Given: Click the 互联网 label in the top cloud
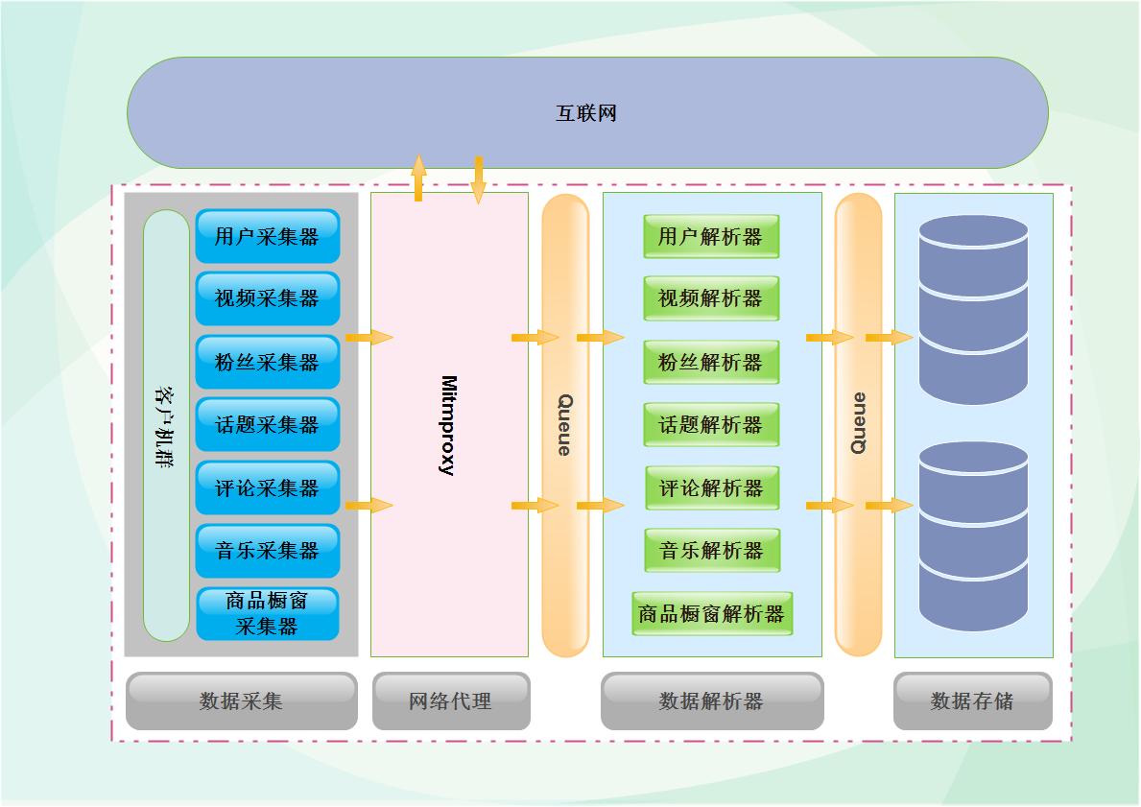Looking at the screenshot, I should pyautogui.click(x=586, y=113).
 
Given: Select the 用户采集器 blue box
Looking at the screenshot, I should pyautogui.click(x=267, y=236).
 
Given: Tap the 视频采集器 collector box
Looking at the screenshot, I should pyautogui.click(x=267, y=298).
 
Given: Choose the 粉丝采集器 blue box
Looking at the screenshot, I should pyautogui.click(x=267, y=362).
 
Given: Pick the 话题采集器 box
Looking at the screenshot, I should pyautogui.click(x=267, y=424).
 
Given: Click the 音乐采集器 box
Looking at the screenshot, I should pyautogui.click(x=267, y=551).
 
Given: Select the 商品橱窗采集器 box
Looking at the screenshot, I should pyautogui.click(x=267, y=614).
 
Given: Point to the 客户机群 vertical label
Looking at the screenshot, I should pyautogui.click(x=166, y=427).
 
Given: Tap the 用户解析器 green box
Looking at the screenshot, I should pyautogui.click(x=710, y=236).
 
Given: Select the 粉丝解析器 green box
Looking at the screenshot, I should pyautogui.click(x=710, y=362).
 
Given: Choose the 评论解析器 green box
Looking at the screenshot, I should pyautogui.click(x=711, y=487).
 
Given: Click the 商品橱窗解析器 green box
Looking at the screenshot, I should pyautogui.click(x=711, y=613).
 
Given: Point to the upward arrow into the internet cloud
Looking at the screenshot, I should pyautogui.click(x=418, y=178).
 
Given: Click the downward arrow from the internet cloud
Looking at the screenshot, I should pyautogui.click(x=478, y=179).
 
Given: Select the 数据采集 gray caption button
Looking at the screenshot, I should pyautogui.click(x=241, y=700).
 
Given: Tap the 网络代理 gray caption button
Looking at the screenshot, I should pyautogui.click(x=450, y=700).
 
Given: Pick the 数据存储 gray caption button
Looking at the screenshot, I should pyautogui.click(x=972, y=700).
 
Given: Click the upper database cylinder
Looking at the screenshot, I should pyautogui.click(x=973, y=309).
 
